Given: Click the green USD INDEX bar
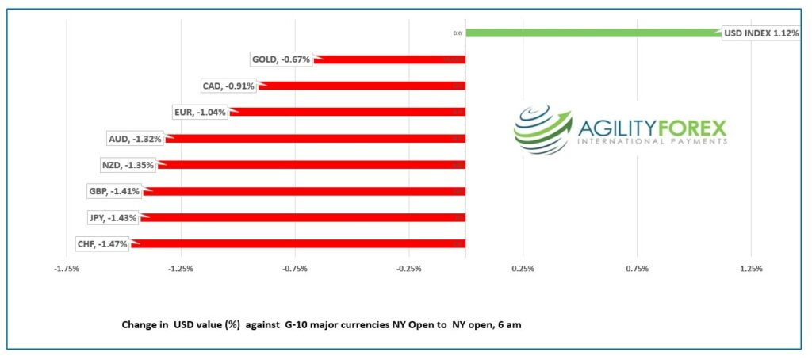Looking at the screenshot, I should click(x=595, y=33).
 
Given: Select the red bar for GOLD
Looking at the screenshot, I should click(x=389, y=59).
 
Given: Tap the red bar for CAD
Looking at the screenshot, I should click(x=361, y=86).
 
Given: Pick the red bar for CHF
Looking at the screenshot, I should click(x=297, y=243).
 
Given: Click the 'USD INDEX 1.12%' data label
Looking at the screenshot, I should click(x=761, y=33).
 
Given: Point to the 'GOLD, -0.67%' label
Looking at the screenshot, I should click(x=281, y=59).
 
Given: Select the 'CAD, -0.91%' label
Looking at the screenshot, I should click(x=229, y=86).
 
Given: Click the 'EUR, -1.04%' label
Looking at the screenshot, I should click(x=200, y=112).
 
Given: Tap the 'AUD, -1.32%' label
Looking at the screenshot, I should click(x=135, y=139).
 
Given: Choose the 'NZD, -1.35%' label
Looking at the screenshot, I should click(x=128, y=165).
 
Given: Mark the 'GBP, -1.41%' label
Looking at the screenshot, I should click(x=114, y=191).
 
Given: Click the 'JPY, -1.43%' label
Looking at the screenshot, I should click(x=112, y=217).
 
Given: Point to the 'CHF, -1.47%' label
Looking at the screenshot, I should click(x=101, y=244).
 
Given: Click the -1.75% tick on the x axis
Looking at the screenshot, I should click(x=67, y=269).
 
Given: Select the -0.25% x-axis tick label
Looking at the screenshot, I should click(x=408, y=269).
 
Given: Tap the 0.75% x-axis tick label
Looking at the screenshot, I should click(x=638, y=269).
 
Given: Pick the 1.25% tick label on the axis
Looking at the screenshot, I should click(x=751, y=269).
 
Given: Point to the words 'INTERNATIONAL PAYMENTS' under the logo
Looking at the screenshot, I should click(x=653, y=142).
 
